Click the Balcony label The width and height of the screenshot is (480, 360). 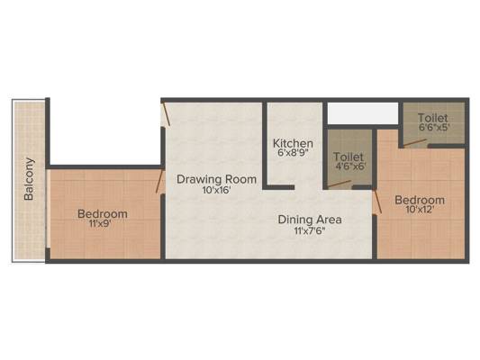pyautogui.click(x=29, y=179)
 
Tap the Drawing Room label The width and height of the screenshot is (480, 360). pyautogui.click(x=216, y=179)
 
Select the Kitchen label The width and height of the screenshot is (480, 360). pyautogui.click(x=293, y=143)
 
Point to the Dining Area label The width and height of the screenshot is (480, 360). pyautogui.click(x=310, y=220)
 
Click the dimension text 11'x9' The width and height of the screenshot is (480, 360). pyautogui.click(x=100, y=224)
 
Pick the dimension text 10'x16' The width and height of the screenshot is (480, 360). pyautogui.click(x=216, y=190)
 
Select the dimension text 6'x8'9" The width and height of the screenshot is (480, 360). pyautogui.click(x=294, y=153)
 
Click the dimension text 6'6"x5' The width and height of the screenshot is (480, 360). pyautogui.click(x=433, y=127)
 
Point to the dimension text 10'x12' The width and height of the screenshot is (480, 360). pyautogui.click(x=420, y=210)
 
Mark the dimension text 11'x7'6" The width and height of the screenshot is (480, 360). pyautogui.click(x=309, y=230)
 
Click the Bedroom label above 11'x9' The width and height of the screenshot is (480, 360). pyautogui.click(x=103, y=213)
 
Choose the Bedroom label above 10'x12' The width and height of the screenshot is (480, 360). pyautogui.click(x=420, y=200)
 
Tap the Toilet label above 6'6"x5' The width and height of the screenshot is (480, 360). pyautogui.click(x=432, y=118)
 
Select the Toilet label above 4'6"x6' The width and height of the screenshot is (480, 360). pyautogui.click(x=349, y=157)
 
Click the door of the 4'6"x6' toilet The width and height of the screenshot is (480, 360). pyautogui.click(x=340, y=184)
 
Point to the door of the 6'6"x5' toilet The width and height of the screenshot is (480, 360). pyautogui.click(x=415, y=143)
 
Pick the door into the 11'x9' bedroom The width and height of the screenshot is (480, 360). pyautogui.click(x=159, y=181)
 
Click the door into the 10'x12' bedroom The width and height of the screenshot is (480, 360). pyautogui.click(x=377, y=201)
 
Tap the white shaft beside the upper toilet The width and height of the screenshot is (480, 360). pyautogui.click(x=363, y=113)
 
